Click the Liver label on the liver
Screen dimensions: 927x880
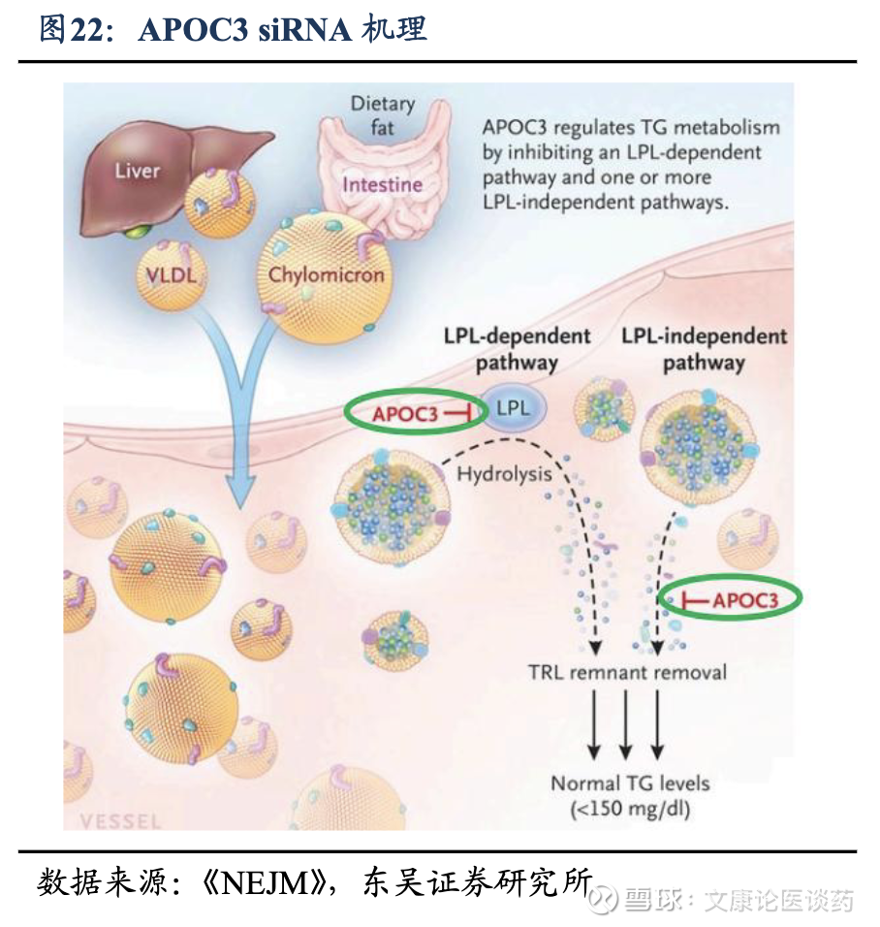[137, 172]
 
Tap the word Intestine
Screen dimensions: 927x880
[382, 184]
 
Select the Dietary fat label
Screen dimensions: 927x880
[382, 115]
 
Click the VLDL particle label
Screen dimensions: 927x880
[171, 274]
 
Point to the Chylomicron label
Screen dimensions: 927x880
[327, 274]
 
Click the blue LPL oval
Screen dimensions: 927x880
[513, 408]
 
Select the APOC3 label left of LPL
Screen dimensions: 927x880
[404, 414]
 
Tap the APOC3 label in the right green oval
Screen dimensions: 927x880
[745, 600]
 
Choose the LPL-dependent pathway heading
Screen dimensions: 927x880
[517, 349]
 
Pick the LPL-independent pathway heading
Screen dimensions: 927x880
[704, 349]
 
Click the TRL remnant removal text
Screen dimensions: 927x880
[627, 671]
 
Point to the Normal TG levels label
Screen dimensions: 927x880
[630, 783]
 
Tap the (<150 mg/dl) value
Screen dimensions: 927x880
[630, 807]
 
